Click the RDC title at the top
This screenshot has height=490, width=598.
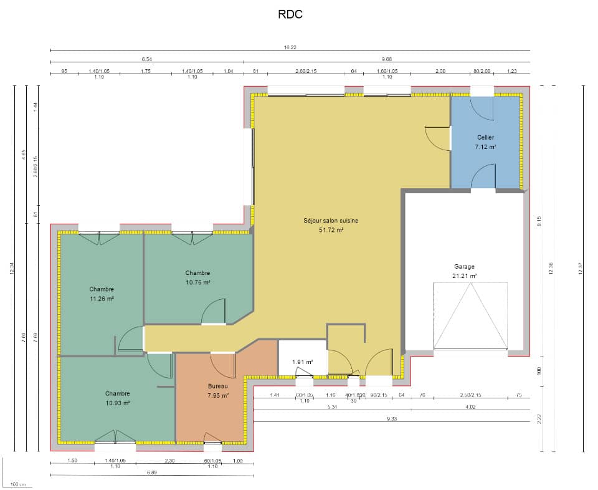(290, 14)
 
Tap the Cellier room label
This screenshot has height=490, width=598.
(485, 137)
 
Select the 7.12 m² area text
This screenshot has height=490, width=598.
(485, 147)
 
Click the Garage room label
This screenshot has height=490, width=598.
(464, 266)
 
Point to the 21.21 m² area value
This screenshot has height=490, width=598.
(464, 276)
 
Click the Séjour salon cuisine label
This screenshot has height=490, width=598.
(331, 220)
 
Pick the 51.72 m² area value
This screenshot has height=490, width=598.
(331, 229)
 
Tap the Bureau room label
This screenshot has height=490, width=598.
(218, 386)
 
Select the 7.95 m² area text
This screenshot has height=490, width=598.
(218, 395)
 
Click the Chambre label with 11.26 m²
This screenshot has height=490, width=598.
(102, 289)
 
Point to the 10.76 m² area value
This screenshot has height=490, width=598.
(197, 282)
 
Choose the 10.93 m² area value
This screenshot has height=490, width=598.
(117, 403)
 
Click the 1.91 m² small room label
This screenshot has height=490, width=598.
(302, 362)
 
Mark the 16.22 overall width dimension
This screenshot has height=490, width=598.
(290, 47)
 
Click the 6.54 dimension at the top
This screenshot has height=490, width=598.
(146, 59)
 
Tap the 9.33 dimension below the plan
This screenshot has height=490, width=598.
(392, 419)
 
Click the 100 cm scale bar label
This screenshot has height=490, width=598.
(17, 484)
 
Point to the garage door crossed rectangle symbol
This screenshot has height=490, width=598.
(470, 315)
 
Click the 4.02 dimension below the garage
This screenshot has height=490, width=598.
(471, 407)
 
